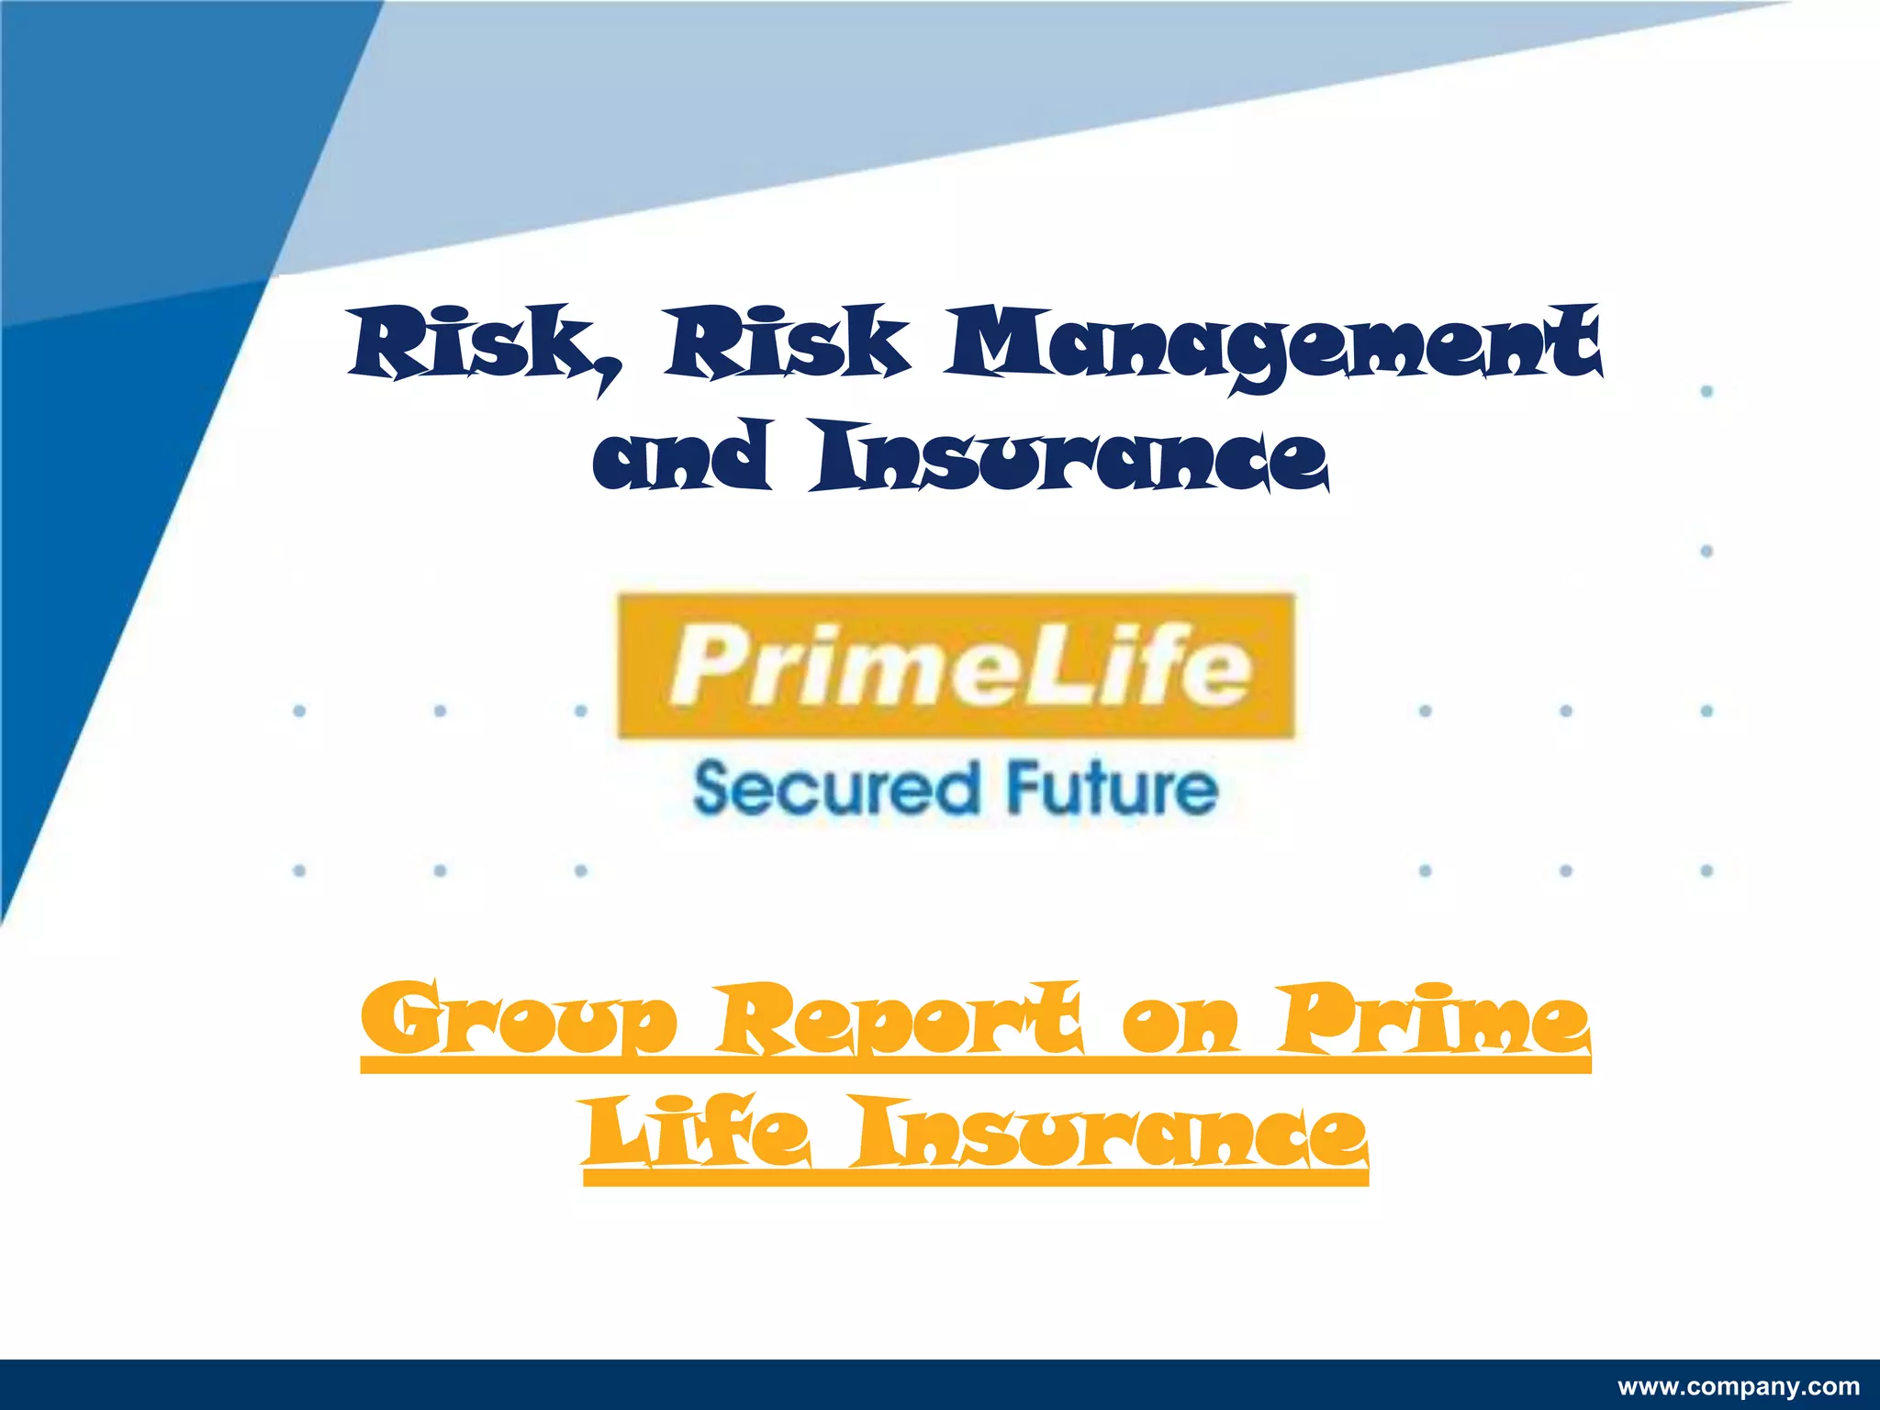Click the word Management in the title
tap(1276, 347)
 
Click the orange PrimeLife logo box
tap(957, 666)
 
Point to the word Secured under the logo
tap(836, 789)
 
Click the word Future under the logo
tap(1112, 788)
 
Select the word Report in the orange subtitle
tap(901, 1019)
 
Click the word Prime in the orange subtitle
tap(1436, 1019)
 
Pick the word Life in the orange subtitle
tap(698, 1134)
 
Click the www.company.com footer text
tap(1738, 1387)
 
